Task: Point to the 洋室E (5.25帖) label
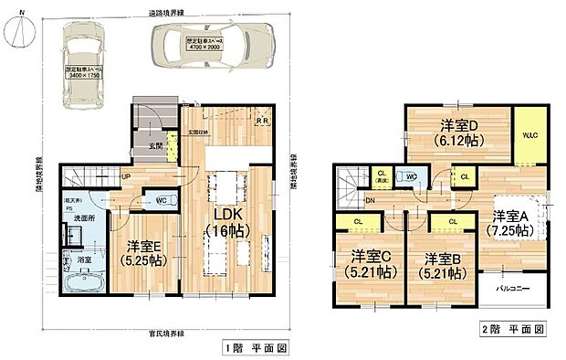tap(142, 252)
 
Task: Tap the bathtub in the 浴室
tap(82, 281)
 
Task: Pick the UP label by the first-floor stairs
tap(124, 177)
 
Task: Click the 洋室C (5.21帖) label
tap(371, 263)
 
